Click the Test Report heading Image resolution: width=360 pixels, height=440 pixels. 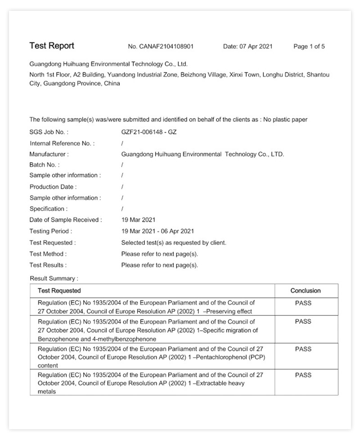(x=52, y=46)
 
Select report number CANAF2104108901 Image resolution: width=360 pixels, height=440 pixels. (x=161, y=46)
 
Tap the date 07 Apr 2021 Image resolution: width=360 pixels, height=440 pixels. (x=247, y=46)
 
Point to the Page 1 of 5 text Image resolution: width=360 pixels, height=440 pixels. (x=309, y=46)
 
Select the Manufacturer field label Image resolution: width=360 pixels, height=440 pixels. (x=49, y=154)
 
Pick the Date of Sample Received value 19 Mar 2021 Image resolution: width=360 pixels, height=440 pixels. (x=138, y=220)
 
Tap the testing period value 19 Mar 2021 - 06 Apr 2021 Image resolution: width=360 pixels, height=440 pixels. (x=157, y=231)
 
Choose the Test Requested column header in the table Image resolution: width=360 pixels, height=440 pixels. (x=59, y=291)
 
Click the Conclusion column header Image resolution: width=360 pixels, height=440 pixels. (x=306, y=291)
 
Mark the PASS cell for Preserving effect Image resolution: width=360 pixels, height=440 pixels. (x=303, y=303)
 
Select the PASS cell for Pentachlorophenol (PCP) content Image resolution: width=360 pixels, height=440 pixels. (x=303, y=349)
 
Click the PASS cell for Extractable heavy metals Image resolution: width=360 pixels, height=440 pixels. (x=303, y=375)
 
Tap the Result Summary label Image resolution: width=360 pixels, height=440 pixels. (x=54, y=278)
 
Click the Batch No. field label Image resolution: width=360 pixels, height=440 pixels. (x=44, y=165)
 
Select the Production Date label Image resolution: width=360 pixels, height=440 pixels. (x=53, y=187)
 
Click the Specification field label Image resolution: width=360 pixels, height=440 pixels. (x=48, y=209)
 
